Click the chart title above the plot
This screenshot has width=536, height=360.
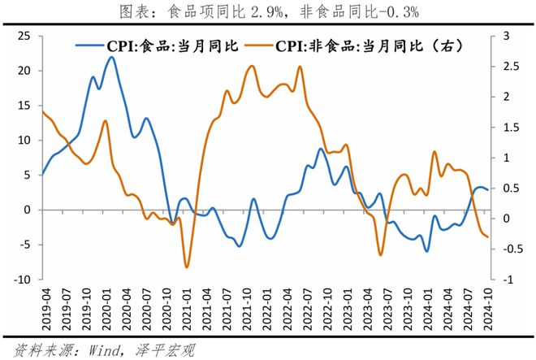(269, 12)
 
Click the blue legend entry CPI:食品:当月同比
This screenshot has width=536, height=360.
(157, 46)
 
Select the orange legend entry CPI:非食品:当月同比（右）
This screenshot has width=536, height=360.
(354, 46)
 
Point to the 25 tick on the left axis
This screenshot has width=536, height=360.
(24, 36)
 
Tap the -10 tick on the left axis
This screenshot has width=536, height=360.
(22, 280)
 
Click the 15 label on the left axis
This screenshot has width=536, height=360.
(24, 106)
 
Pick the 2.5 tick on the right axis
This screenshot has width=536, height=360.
(511, 66)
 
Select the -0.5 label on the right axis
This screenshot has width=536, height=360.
(512, 249)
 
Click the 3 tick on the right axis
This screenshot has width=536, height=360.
(506, 36)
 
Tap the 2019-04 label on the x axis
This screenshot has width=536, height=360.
(46, 309)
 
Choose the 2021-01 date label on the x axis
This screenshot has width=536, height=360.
(187, 309)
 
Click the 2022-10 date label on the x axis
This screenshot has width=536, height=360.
(327, 309)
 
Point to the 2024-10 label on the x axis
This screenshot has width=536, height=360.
(488, 309)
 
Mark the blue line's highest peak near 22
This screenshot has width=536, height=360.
(111, 57)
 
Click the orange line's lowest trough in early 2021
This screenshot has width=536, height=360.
(187, 267)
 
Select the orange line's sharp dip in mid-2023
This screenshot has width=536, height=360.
(380, 255)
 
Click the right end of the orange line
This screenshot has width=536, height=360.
(487, 236)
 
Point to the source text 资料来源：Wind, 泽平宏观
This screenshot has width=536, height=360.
(104, 350)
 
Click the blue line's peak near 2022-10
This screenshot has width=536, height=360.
(321, 149)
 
